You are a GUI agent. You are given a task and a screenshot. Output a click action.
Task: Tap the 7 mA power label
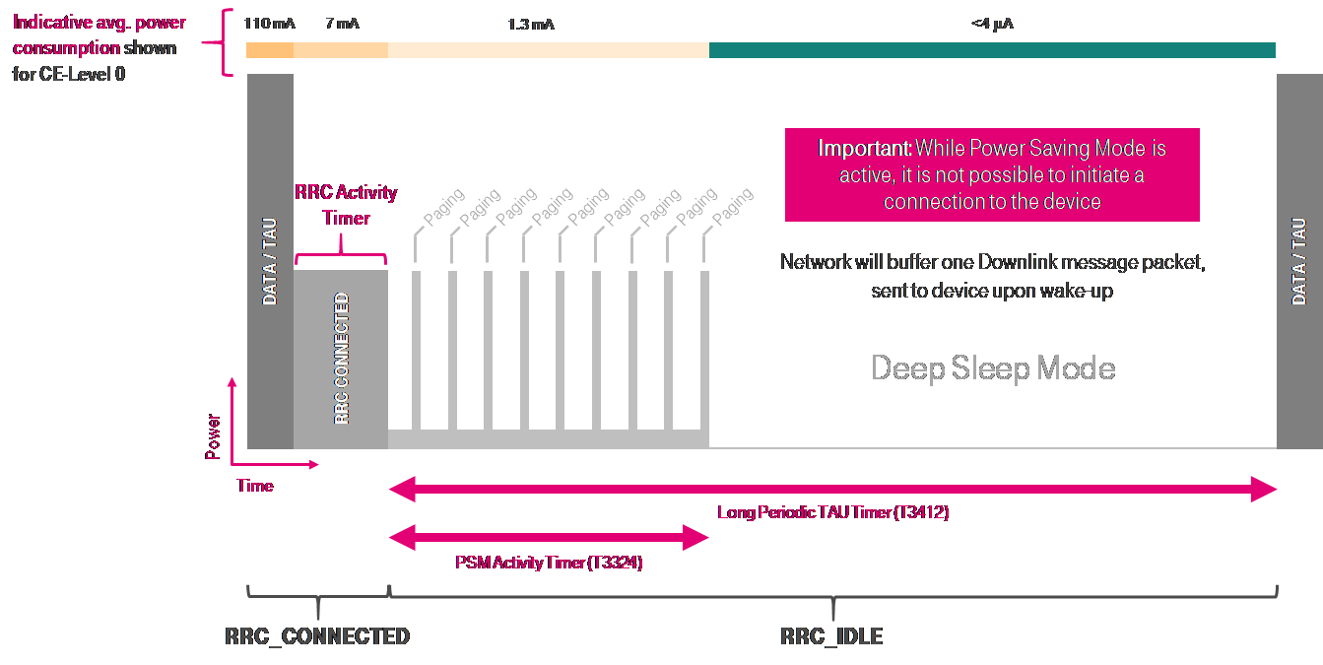click(342, 23)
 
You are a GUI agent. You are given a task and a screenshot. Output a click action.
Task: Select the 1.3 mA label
click(531, 24)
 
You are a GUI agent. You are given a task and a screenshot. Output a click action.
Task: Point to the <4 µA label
click(992, 24)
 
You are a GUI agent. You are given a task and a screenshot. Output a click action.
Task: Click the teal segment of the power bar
click(992, 50)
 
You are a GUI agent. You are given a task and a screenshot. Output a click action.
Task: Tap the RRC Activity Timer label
click(346, 205)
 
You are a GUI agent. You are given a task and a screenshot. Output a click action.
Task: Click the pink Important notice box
click(992, 174)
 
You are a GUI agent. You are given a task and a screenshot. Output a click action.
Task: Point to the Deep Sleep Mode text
click(993, 368)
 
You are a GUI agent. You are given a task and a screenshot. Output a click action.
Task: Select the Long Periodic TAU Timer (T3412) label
click(832, 512)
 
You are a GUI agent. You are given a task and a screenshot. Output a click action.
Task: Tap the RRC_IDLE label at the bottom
click(831, 636)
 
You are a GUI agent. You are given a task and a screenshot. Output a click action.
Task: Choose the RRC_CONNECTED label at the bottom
click(317, 636)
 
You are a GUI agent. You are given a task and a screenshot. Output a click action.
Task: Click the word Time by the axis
click(255, 486)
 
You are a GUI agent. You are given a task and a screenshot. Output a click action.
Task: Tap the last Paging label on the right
click(732, 206)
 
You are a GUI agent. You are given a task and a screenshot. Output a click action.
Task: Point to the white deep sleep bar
click(992, 426)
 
